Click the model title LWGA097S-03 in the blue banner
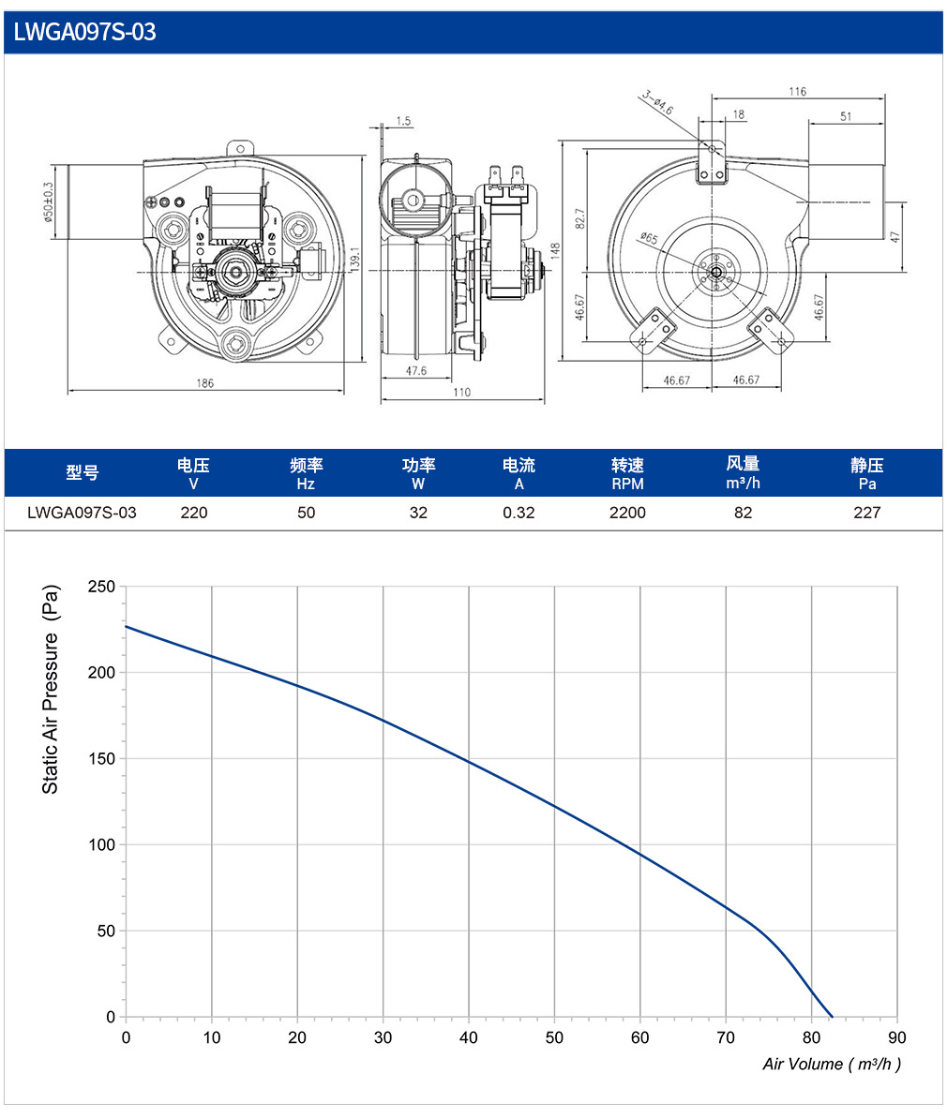pos(85,32)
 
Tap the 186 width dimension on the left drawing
pos(204,383)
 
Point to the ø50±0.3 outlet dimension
pos(48,201)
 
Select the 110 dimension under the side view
pos(461,392)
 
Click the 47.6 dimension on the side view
pos(416,371)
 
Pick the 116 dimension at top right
pos(798,91)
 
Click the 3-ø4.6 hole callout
pos(657,102)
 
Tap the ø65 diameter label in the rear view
pos(649,238)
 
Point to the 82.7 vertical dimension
pos(580,218)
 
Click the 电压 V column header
pos(193,474)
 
